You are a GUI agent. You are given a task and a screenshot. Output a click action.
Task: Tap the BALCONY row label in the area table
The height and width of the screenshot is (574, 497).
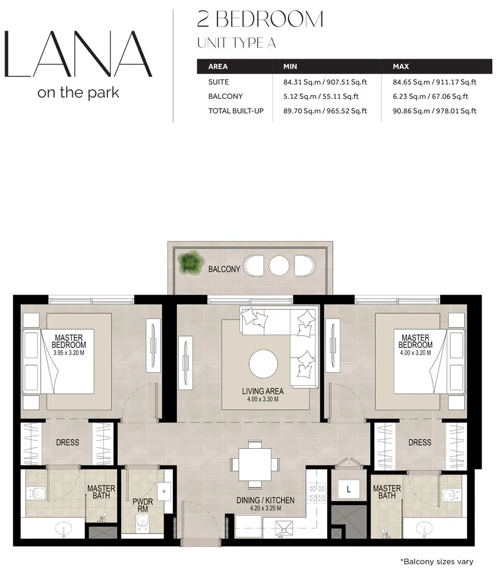(225, 96)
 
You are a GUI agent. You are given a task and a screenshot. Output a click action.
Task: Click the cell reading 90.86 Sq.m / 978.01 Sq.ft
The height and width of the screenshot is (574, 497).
(434, 111)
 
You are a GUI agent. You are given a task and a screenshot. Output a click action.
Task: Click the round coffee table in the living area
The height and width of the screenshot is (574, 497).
(265, 364)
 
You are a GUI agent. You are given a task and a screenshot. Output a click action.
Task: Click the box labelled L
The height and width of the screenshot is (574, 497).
(348, 489)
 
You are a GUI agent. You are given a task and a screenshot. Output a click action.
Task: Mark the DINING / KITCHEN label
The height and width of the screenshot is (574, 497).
(265, 501)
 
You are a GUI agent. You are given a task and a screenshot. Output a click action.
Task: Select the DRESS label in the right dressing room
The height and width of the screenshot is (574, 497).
(420, 443)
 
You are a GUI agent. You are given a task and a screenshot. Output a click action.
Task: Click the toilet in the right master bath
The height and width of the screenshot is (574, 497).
(450, 494)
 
